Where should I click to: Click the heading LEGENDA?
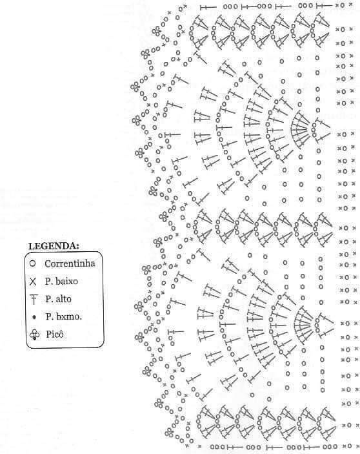[54, 246]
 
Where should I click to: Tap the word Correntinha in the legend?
[70, 263]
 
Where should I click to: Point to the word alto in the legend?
[63, 298]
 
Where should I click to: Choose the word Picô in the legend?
[55, 334]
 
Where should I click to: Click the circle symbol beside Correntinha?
[33, 263]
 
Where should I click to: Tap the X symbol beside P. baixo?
[33, 282]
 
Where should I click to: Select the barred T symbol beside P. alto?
[34, 300]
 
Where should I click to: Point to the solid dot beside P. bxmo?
[34, 317]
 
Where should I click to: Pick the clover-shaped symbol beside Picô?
[34, 335]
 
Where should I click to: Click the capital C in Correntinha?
[48, 263]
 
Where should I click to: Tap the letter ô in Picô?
[61, 334]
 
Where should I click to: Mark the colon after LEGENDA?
[78, 247]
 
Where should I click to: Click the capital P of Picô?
[48, 334]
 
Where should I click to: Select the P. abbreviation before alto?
[49, 298]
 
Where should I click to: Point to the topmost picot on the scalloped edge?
[156, 31]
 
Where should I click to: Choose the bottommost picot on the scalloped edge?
[169, 433]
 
